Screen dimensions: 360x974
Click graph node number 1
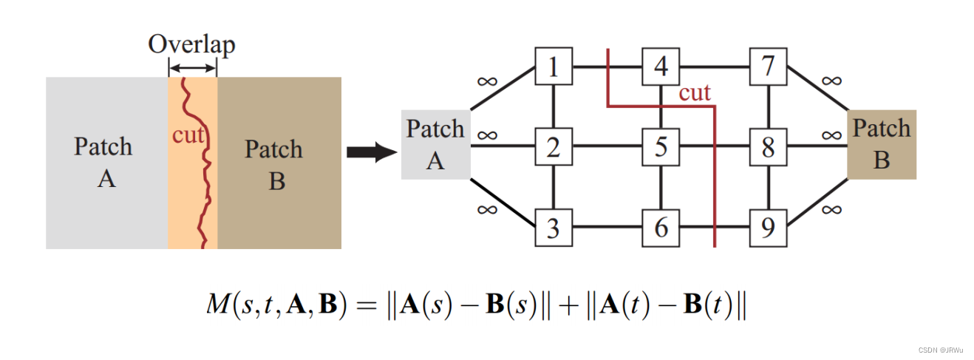click(554, 67)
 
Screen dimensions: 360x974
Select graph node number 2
click(554, 147)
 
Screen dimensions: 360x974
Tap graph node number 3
click(554, 228)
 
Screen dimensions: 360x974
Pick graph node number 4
click(661, 67)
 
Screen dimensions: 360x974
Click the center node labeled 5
click(661, 147)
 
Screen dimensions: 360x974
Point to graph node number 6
click(661, 228)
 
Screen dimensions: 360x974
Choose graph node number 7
click(769, 67)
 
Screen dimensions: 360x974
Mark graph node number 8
click(769, 147)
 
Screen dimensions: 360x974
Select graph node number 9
click(769, 228)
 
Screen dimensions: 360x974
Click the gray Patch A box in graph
click(435, 145)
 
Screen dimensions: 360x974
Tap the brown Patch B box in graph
click(882, 144)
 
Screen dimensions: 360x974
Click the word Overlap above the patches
click(191, 44)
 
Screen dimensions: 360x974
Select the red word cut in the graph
click(694, 92)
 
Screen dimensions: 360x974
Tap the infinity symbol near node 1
click(488, 80)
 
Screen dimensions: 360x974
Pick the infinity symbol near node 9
click(831, 208)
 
